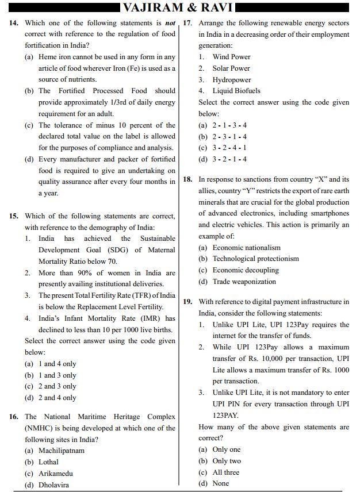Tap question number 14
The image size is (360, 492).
(14, 23)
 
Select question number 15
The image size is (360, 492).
(14, 216)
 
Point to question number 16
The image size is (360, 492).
(14, 417)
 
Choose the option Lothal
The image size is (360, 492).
(48, 462)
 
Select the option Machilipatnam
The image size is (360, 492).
(61, 451)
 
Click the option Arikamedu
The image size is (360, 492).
(55, 474)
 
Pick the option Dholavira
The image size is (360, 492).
(54, 485)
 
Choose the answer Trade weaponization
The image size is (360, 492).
(244, 282)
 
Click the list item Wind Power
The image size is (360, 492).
(231, 57)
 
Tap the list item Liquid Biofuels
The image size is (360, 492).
(236, 91)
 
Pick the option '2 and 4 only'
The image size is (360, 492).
(57, 398)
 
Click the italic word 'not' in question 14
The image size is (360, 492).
(170, 23)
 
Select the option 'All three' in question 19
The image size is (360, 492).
(225, 472)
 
